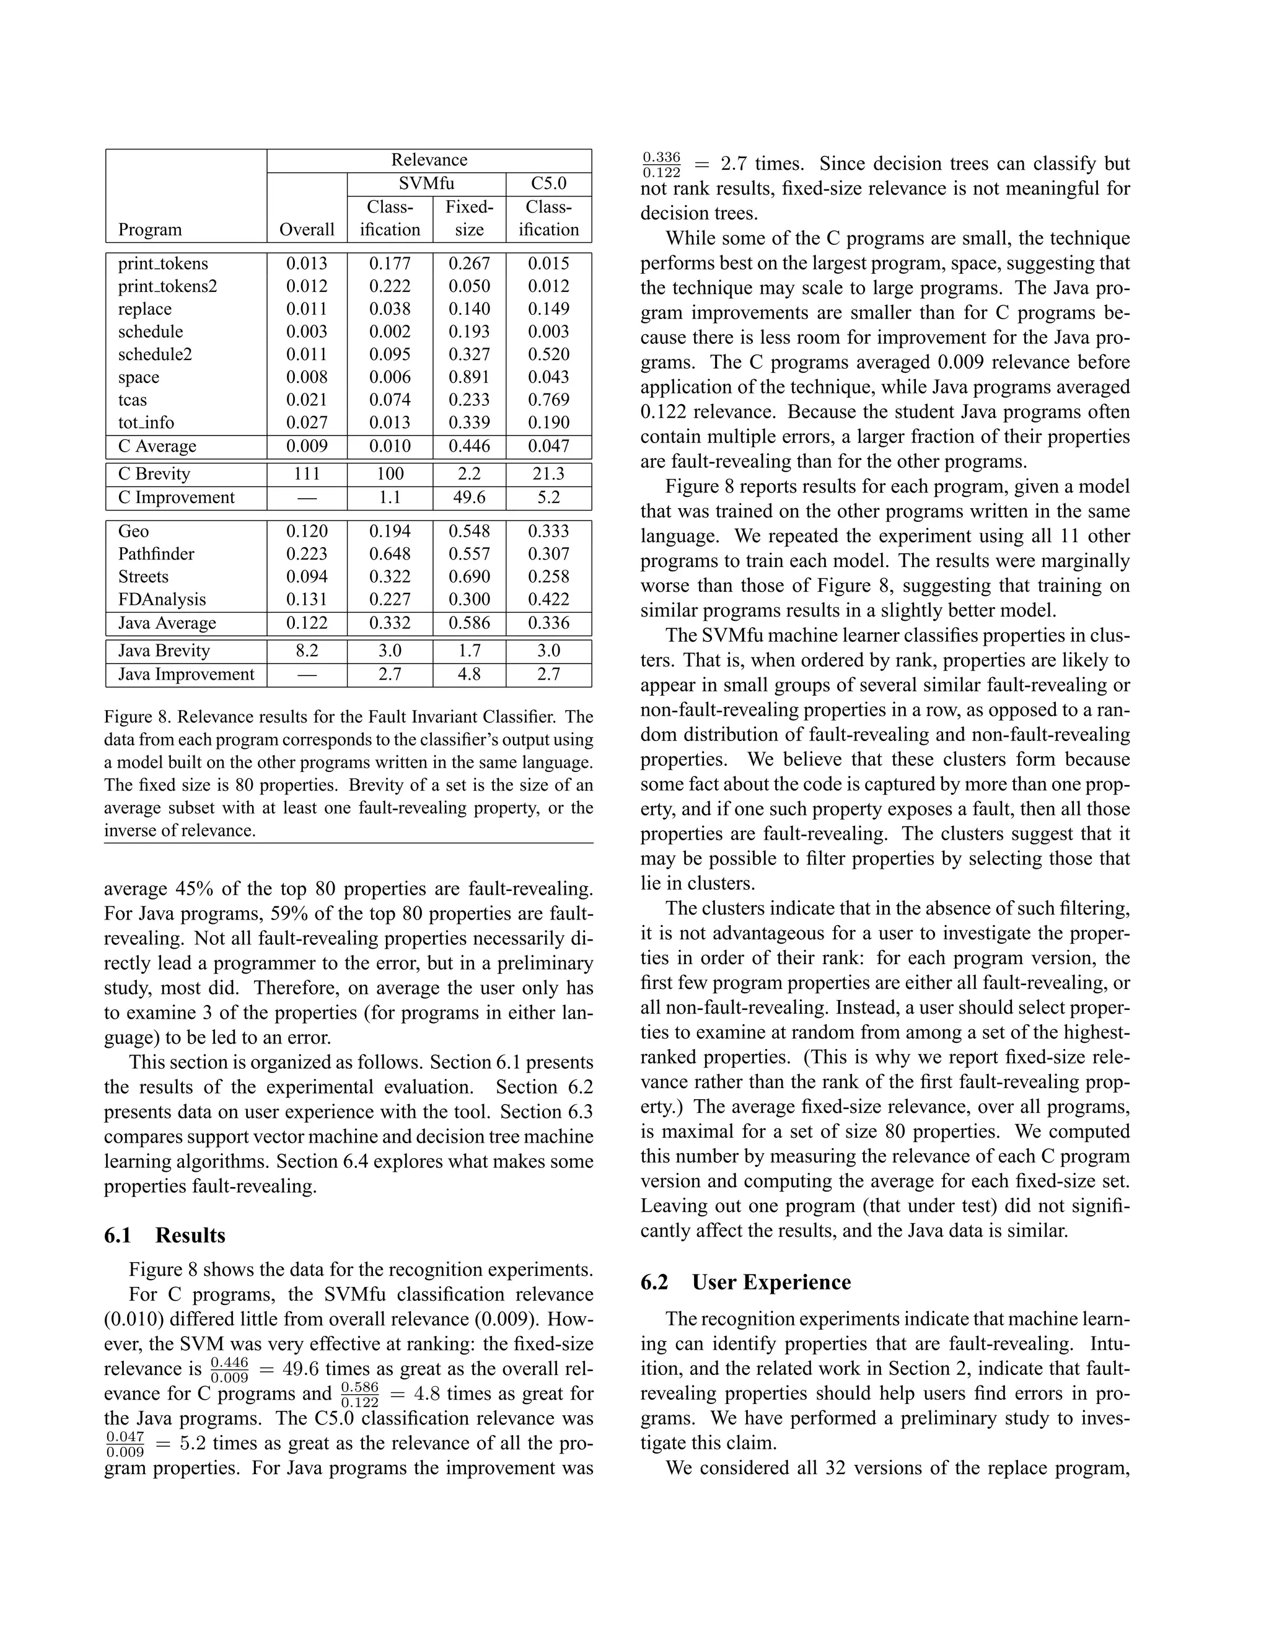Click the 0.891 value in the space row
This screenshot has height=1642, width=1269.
tap(469, 377)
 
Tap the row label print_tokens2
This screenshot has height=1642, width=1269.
tap(168, 286)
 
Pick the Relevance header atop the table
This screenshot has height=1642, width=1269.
tap(429, 160)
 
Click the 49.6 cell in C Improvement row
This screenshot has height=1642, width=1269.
tap(469, 498)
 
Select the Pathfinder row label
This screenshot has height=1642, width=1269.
tap(156, 554)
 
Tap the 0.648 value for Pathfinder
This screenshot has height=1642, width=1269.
tap(389, 554)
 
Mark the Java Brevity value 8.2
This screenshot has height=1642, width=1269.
tap(307, 651)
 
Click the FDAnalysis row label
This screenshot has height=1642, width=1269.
tap(162, 600)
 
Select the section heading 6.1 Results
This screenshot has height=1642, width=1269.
tap(165, 1236)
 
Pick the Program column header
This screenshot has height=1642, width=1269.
tap(149, 230)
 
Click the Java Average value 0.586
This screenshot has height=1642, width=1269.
tap(469, 623)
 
